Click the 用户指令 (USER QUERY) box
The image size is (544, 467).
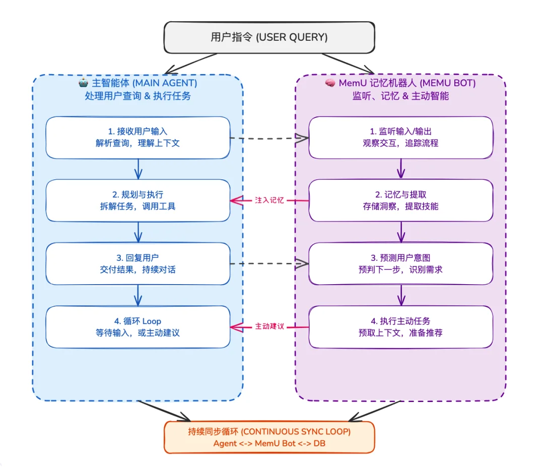pos(269,37)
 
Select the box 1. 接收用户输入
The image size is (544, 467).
pos(138,138)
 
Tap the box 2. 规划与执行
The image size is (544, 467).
pos(138,200)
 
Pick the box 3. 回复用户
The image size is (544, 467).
pos(138,263)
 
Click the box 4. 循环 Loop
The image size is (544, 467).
pos(138,327)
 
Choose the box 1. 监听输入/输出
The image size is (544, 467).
pos(400,138)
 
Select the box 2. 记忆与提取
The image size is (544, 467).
pos(400,200)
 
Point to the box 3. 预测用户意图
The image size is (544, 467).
pos(400,263)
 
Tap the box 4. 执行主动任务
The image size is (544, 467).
pos(400,327)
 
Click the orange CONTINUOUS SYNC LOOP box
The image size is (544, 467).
pos(269,437)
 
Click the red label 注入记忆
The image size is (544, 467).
pos(269,201)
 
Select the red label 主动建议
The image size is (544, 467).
pos(269,326)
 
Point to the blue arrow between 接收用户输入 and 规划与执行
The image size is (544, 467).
pos(138,169)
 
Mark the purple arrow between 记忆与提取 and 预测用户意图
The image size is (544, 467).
pos(401,232)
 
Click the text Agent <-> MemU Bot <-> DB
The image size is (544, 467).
pos(269,443)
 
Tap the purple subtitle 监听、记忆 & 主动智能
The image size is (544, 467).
pos(400,96)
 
